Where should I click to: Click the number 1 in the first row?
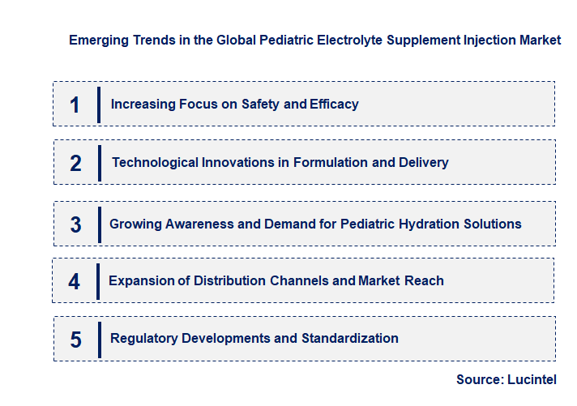pos(75,105)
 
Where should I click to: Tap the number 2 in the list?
pos(75,163)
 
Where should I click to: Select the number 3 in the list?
pos(75,224)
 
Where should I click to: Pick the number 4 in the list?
pos(75,281)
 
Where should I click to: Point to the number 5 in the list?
pos(75,339)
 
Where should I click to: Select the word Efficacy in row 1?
pos(334,105)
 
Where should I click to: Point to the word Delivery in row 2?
pos(424,163)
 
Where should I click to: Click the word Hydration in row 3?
pos(435,224)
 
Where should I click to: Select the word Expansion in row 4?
pos(141,281)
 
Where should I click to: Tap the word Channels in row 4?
pos(299,281)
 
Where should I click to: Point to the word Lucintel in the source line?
pos(534,379)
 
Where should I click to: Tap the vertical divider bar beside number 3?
pos(99,224)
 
